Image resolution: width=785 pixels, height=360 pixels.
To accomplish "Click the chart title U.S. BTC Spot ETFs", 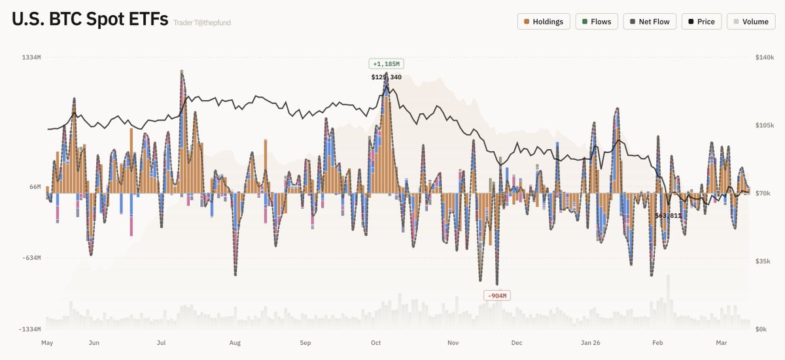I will [89, 20].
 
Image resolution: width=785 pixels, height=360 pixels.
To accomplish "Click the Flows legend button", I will [597, 22].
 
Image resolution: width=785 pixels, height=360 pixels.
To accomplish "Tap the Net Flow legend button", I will [650, 22].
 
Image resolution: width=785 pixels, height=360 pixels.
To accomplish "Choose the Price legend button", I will [701, 22].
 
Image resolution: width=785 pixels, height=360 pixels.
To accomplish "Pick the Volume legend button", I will [750, 22].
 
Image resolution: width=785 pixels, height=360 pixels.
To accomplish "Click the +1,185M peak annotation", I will [386, 64].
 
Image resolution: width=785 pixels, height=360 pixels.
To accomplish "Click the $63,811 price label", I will [669, 215].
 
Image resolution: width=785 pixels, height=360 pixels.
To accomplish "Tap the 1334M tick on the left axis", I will [32, 58].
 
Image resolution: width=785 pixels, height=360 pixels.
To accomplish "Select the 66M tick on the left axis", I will [35, 187].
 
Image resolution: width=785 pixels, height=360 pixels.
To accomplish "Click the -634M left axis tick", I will [31, 258].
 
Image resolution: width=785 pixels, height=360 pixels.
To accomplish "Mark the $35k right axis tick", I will [764, 261].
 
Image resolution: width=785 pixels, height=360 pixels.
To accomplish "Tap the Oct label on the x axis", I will [376, 342].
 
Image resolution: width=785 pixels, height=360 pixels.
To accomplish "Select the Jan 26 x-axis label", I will [591, 342].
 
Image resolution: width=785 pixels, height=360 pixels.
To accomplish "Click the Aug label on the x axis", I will [235, 342].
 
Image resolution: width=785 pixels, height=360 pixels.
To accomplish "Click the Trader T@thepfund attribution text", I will [202, 23].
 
